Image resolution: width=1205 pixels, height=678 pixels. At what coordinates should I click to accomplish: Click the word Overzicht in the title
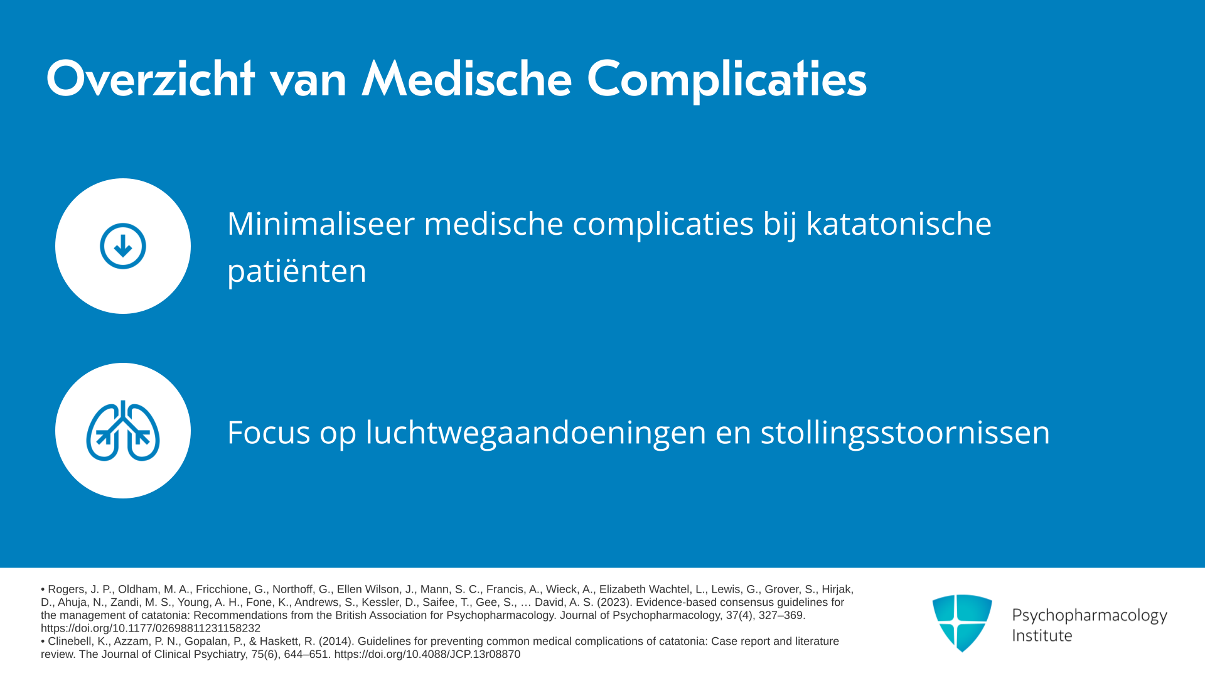coord(150,79)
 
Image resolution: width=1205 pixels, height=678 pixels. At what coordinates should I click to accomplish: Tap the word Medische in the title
coord(467,79)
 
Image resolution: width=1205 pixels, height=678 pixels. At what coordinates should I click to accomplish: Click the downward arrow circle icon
coord(123,246)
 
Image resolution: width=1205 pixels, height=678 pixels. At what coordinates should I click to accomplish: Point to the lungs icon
coord(123,431)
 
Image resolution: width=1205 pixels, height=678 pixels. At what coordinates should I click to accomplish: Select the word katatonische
coord(899,223)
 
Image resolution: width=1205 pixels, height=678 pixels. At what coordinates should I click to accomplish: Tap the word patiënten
coord(297,271)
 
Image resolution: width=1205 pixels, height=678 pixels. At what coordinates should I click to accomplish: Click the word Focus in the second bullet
coord(269,433)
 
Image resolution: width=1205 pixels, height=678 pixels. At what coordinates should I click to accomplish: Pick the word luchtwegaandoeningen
coord(536,434)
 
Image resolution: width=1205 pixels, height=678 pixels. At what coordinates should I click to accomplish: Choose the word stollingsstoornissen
coord(905,434)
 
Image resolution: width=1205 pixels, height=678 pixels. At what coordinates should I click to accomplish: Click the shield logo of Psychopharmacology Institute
coord(962,623)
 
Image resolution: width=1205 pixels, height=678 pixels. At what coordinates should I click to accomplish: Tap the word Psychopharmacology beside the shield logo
coord(1090,616)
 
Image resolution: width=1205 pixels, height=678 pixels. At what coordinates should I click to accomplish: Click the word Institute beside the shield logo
coord(1042,636)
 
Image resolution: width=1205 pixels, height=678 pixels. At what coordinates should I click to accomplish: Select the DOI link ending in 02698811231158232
coord(151,628)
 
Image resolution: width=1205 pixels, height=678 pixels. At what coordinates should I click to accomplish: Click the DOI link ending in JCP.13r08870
coord(427,654)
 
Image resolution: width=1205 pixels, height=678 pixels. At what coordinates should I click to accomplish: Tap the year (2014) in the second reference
coord(336,642)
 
